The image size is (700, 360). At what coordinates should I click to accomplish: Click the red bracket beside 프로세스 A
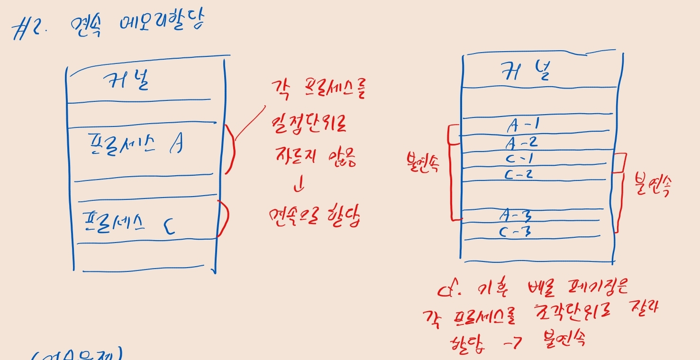tap(230, 148)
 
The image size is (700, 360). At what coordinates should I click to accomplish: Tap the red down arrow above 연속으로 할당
tap(299, 186)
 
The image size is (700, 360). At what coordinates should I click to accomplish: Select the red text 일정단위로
tap(309, 125)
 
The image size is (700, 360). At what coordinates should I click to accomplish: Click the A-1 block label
tap(524, 125)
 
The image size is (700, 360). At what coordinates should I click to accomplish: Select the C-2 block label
tap(518, 174)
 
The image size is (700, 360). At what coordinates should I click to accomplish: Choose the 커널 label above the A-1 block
tap(526, 72)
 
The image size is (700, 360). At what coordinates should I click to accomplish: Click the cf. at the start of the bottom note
tap(450, 289)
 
